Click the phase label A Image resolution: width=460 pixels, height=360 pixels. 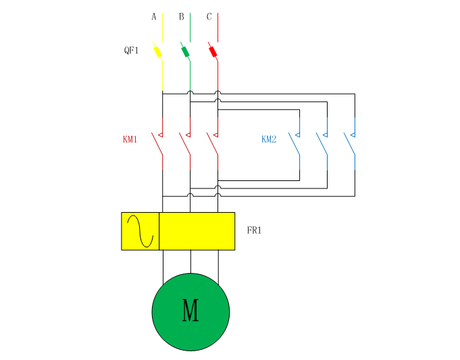154,17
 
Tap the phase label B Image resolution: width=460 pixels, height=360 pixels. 182,17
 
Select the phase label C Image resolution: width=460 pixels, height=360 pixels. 209,17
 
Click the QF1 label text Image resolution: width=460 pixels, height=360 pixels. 131,50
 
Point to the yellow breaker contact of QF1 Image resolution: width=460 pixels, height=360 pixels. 157,51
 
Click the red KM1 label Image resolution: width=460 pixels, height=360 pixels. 130,140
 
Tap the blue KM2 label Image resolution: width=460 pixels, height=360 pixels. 269,140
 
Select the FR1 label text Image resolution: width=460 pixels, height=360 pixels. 254,231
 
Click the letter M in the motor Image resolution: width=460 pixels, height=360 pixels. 190,312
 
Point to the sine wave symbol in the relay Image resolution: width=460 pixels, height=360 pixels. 140,231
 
